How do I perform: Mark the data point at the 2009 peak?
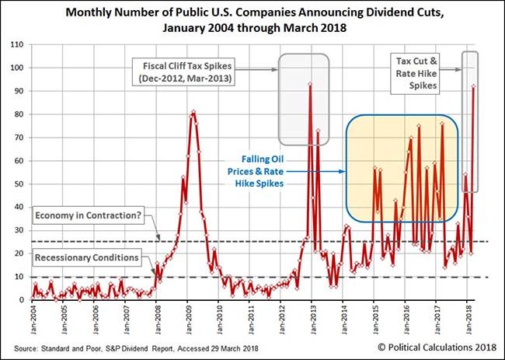click(193, 112)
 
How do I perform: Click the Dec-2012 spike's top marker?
click(310, 84)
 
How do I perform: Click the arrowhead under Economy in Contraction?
click(158, 239)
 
